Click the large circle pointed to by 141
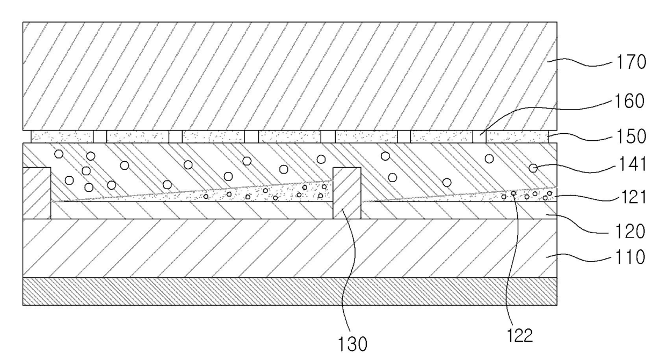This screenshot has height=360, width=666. coord(533,168)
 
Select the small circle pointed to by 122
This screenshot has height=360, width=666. coord(513,193)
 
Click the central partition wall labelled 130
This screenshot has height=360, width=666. coord(346,193)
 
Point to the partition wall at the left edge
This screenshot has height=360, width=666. coord(37,193)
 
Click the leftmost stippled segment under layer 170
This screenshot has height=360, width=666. coord(62,136)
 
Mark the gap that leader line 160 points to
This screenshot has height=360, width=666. coord(479,136)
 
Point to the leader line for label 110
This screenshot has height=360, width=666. coord(583,259)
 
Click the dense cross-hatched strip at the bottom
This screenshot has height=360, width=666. coord(289,291)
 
